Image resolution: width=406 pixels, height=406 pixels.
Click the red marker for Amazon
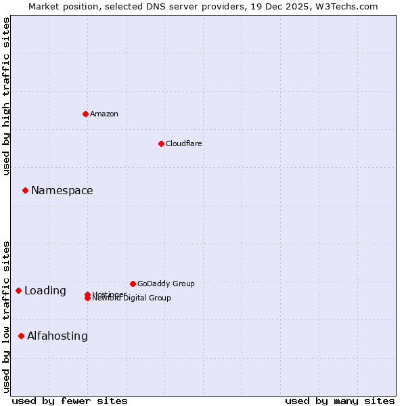click(x=85, y=114)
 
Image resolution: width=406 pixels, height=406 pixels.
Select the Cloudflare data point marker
click(x=161, y=143)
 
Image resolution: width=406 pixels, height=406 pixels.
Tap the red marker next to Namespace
click(x=25, y=191)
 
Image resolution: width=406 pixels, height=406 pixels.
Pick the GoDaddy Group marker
click(x=133, y=284)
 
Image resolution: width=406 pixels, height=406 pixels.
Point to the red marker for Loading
click(x=18, y=291)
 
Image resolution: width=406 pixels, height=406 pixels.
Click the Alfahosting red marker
click(x=21, y=336)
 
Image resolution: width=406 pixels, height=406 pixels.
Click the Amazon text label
click(x=104, y=114)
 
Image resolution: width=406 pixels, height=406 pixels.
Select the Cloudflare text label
click(x=184, y=143)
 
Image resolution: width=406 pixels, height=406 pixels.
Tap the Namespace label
click(x=62, y=191)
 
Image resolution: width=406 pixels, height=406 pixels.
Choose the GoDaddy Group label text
click(x=166, y=284)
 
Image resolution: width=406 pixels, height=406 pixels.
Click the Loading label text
click(x=45, y=291)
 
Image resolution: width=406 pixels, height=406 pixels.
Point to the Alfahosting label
click(x=58, y=336)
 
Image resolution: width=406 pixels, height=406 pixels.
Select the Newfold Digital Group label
click(x=132, y=298)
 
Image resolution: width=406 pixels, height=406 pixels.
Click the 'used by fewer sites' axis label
click(x=70, y=401)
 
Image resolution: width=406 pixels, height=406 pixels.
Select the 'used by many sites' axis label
click(x=340, y=401)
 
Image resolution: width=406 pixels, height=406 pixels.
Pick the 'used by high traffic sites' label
click(x=7, y=96)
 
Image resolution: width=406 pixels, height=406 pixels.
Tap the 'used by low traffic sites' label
click(x=7, y=316)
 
